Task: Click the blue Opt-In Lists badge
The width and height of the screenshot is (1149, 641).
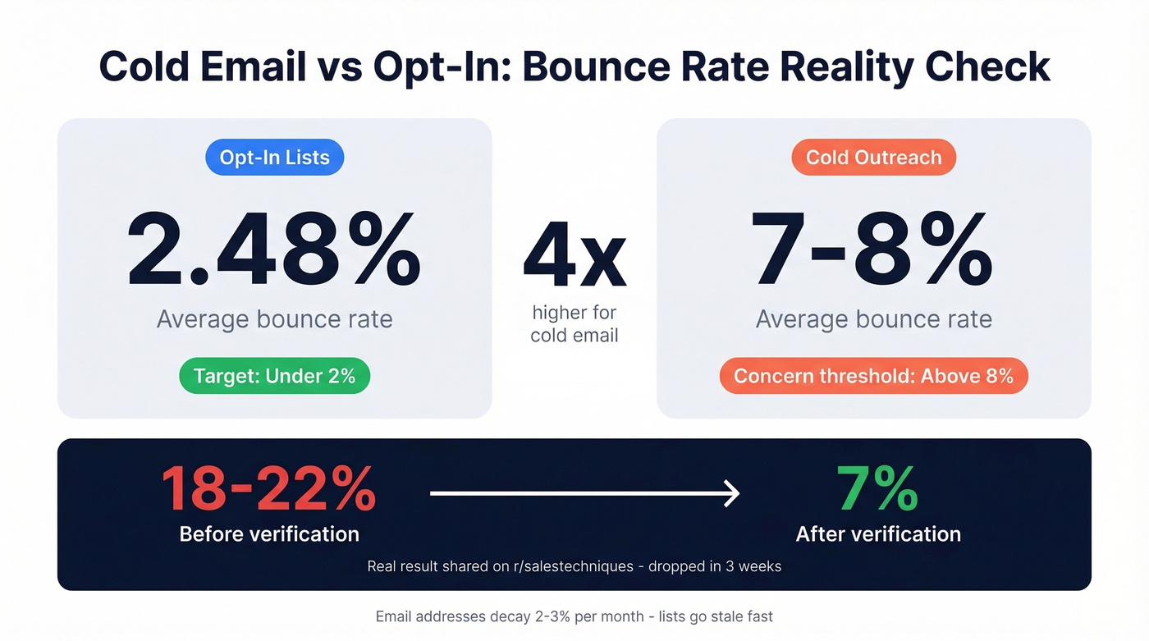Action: [274, 158]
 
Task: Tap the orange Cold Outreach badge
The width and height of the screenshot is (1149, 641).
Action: [873, 158]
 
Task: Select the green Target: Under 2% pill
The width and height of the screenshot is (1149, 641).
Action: [274, 377]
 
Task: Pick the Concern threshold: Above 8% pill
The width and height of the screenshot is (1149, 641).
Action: [873, 377]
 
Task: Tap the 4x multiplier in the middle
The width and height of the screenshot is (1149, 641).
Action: [574, 256]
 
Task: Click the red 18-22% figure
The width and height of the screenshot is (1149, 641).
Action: [268, 489]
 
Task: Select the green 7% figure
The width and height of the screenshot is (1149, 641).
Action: [877, 489]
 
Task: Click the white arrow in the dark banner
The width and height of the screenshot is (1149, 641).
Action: [584, 493]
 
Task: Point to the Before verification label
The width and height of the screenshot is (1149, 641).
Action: [269, 534]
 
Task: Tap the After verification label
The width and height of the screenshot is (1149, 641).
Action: [878, 534]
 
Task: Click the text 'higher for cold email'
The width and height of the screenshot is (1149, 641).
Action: [574, 323]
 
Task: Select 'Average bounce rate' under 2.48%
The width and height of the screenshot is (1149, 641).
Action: [274, 318]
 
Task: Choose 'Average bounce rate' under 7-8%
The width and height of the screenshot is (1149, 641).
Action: [873, 318]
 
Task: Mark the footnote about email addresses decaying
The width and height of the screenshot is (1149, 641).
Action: [574, 616]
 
